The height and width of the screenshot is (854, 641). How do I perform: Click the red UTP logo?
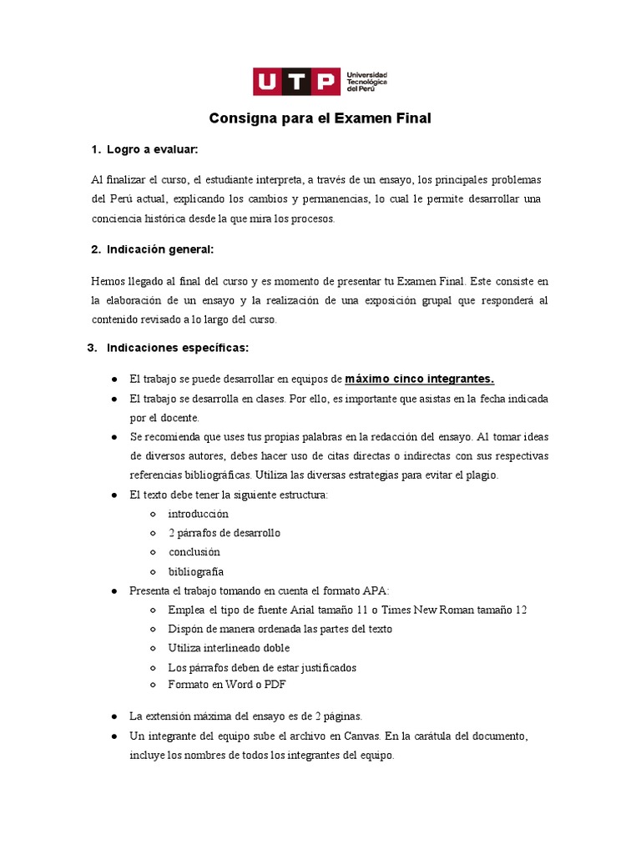[296, 83]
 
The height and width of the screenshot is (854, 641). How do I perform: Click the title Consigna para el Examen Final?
[320, 118]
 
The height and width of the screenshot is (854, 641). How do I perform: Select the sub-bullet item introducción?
[198, 514]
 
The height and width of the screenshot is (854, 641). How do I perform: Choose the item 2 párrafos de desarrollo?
[224, 533]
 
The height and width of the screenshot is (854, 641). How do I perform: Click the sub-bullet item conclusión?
[194, 552]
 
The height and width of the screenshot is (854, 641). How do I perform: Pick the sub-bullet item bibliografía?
[195, 571]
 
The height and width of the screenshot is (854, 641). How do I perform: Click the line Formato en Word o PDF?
[227, 684]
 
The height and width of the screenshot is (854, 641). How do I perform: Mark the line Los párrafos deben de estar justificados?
[262, 667]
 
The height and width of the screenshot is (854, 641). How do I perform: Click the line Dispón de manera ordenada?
[280, 629]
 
